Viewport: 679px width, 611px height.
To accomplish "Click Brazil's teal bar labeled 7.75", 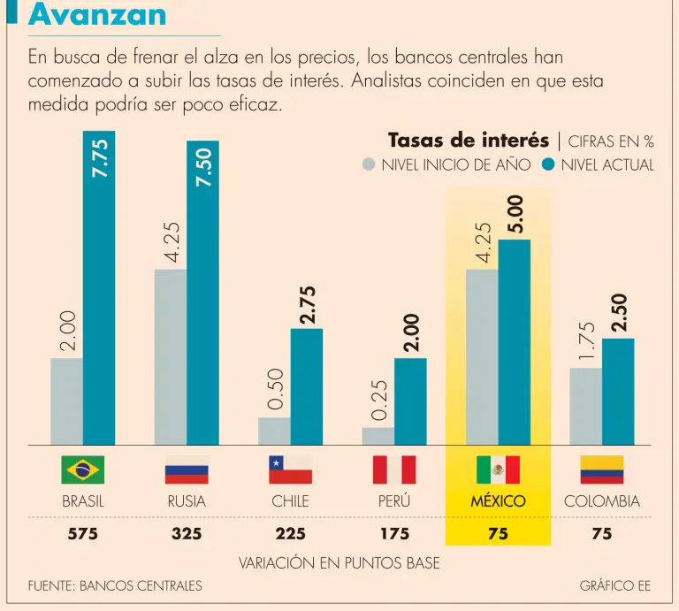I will click(x=99, y=292).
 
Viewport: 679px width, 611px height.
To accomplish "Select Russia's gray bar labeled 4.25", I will click(x=171, y=357).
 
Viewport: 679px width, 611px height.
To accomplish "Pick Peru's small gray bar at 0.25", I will click(x=378, y=436).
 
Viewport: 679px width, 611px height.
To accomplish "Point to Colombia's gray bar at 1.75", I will click(x=585, y=407).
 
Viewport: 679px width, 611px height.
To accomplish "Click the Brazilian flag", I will click(x=83, y=470).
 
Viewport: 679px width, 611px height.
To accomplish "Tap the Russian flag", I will click(x=187, y=470).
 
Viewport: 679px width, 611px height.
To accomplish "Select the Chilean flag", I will click(x=290, y=470).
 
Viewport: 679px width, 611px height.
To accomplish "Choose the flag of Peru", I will click(x=394, y=470).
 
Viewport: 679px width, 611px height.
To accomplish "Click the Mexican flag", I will click(x=498, y=470).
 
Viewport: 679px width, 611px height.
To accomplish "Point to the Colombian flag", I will click(x=602, y=470).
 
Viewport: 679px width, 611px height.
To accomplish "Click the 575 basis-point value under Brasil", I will click(x=83, y=534).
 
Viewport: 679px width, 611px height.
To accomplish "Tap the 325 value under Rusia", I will click(x=187, y=534).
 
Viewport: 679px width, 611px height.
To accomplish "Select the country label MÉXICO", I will click(x=498, y=501).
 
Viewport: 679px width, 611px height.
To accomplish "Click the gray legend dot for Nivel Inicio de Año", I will click(x=370, y=164).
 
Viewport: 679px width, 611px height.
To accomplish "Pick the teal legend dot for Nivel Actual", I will click(x=548, y=164).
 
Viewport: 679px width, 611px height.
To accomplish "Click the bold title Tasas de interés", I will click(x=469, y=141).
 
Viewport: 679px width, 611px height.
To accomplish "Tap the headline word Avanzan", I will click(x=97, y=15).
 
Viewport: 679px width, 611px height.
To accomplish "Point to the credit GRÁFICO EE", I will click(x=615, y=585).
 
